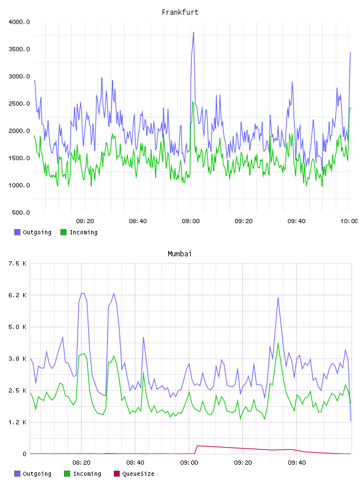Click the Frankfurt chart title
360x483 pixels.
click(180, 12)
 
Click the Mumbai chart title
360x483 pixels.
click(179, 253)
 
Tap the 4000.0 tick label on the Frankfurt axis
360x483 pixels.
click(19, 22)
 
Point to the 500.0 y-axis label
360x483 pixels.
click(21, 212)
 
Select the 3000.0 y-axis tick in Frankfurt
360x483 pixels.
click(19, 76)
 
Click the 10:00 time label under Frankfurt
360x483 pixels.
click(349, 221)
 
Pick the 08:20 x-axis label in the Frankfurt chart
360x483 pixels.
click(85, 221)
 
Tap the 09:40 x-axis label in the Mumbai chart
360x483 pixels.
click(297, 462)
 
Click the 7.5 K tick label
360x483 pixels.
click(18, 263)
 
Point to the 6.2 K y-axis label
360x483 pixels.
click(18, 295)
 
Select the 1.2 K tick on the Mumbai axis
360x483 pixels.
click(18, 422)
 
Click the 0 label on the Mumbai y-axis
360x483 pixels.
click(24, 454)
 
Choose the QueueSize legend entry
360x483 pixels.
click(134, 474)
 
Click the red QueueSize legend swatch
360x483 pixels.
click(117, 474)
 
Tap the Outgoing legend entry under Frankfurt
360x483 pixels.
click(33, 232)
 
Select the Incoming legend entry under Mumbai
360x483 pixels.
click(82, 474)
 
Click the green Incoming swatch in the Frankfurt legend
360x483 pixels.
click(63, 232)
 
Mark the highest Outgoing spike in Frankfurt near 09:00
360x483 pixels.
click(193, 32)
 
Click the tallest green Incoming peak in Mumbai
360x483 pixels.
click(278, 343)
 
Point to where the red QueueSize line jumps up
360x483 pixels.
click(196, 450)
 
